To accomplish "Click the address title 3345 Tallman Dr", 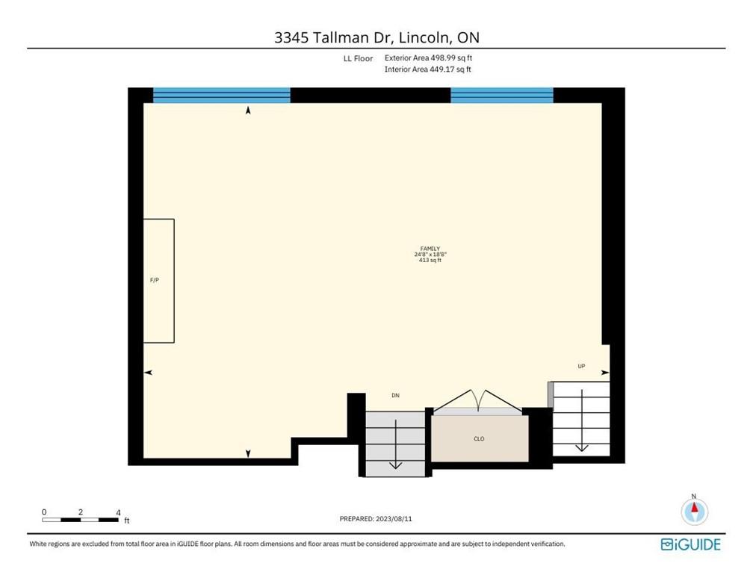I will (x=376, y=38).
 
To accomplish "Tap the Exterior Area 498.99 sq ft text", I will (x=428, y=58).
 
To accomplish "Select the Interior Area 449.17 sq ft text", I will (x=427, y=69).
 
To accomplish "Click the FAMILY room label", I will (x=430, y=249).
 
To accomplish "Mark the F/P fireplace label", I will (x=155, y=280).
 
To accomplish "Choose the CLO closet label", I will (x=479, y=438).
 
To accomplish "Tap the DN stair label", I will (x=396, y=395).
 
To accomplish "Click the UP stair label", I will (x=581, y=366).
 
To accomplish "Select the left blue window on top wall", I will (x=221, y=95).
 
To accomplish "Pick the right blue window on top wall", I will (x=501, y=95).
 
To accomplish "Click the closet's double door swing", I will (x=479, y=400).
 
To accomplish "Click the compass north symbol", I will (x=694, y=512).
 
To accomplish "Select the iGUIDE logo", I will (x=691, y=544).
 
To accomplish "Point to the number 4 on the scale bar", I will (x=118, y=512).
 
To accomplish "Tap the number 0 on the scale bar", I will (x=44, y=512).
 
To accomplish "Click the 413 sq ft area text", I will (x=430, y=261).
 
